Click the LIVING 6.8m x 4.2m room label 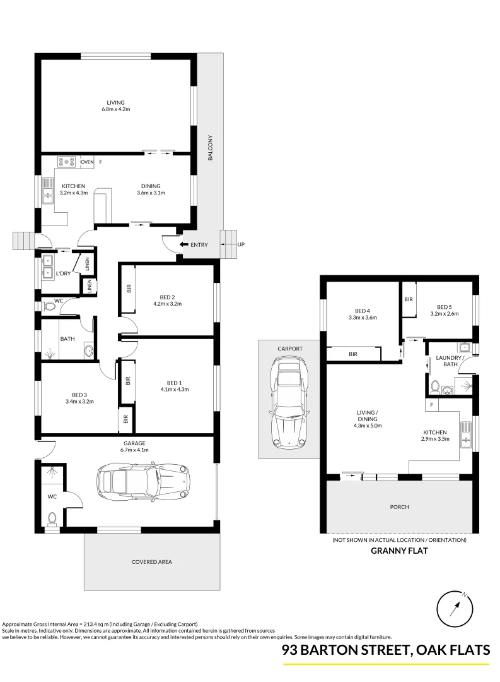[x=115, y=105]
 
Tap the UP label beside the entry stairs [x=240, y=244]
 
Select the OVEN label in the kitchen [x=87, y=162]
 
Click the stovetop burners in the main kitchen [x=66, y=162]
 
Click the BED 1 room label [x=175, y=382]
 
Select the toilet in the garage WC [x=52, y=518]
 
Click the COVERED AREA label [x=151, y=561]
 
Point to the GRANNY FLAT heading [x=399, y=551]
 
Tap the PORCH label [x=399, y=507]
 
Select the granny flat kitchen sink [x=467, y=434]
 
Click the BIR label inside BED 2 [x=129, y=289]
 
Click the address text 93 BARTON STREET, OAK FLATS [x=385, y=650]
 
